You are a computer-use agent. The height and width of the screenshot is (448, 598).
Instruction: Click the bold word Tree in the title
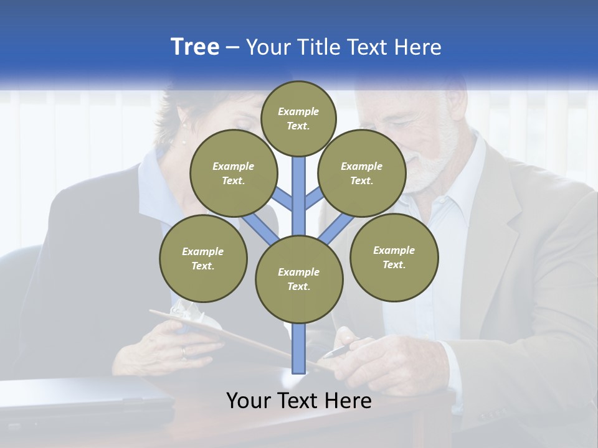point(195,47)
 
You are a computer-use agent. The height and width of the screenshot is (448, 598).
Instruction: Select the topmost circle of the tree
point(298,118)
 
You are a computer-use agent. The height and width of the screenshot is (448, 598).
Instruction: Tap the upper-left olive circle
point(234,174)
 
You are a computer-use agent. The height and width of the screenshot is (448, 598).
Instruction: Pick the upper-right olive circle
point(362,174)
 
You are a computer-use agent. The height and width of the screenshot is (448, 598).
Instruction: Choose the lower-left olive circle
point(203,259)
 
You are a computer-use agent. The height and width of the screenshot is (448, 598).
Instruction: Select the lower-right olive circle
point(394,258)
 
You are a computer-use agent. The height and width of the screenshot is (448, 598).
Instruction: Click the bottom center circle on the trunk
point(299,279)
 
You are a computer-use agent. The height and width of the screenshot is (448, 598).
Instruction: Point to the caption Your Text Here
point(299,401)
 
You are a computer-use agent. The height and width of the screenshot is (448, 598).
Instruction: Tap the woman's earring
point(184,141)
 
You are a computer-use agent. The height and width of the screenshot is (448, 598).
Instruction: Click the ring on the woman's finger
point(183,352)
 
